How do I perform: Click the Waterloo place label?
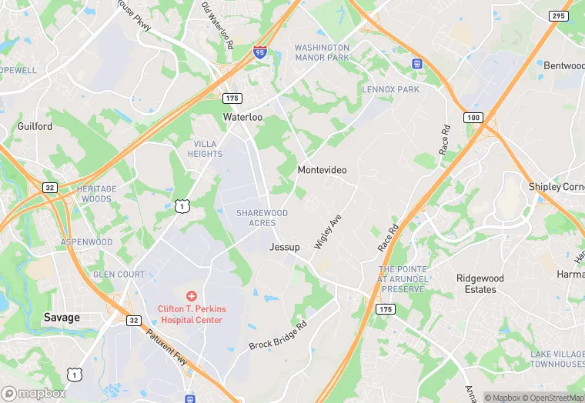(242, 117)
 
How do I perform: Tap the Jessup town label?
(285, 247)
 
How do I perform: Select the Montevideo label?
(322, 169)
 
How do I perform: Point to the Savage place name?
(62, 317)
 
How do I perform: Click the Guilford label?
(35, 126)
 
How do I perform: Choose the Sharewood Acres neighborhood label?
(262, 218)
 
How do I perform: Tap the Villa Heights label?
(205, 148)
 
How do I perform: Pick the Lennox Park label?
(390, 90)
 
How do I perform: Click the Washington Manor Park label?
(322, 52)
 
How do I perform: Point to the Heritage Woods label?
(96, 194)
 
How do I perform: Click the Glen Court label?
(119, 275)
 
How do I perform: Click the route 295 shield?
(560, 16)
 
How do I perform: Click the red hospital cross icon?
(192, 296)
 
